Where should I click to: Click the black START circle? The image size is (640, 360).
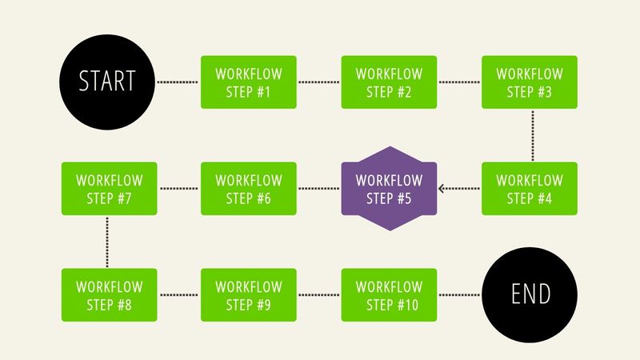coord(107,82)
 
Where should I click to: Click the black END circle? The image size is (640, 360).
coord(531,295)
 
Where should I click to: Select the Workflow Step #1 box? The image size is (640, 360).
coord(248,82)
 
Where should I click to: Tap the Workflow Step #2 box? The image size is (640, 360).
coord(389,82)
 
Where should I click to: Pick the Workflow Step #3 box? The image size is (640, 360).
coord(529,82)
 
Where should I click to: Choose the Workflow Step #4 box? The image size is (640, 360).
coord(529,189)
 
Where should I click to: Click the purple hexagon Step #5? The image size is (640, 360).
coord(389,189)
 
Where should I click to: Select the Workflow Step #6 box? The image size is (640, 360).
coord(248,189)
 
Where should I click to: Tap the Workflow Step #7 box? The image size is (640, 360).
coord(108,189)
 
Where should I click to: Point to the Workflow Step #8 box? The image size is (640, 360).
coord(108,295)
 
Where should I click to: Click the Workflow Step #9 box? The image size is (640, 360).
coord(248,295)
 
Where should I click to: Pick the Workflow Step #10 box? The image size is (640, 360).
coord(389,295)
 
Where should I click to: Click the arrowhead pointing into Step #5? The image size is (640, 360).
coord(443,189)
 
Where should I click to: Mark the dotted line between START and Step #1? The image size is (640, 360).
coord(178,82)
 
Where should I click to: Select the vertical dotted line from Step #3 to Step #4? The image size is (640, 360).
coord(533,135)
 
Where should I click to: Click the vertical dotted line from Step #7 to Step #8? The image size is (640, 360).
coord(107,242)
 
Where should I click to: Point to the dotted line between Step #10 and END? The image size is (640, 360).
coord(459,295)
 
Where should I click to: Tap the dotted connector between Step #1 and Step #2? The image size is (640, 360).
coord(318,82)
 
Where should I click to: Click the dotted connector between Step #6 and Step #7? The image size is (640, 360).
coord(178,189)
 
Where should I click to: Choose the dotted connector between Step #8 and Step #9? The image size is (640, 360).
coord(178,295)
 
